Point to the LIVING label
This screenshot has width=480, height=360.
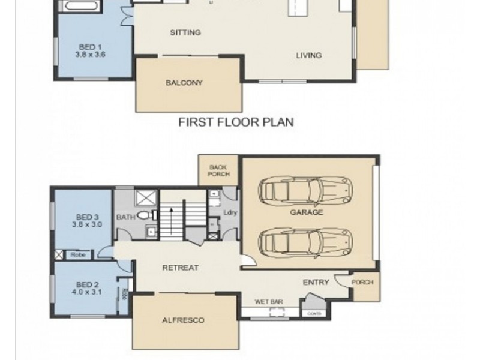308,55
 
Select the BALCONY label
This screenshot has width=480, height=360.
184,83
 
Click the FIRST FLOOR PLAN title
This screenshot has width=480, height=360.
236,122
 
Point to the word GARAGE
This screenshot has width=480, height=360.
307,212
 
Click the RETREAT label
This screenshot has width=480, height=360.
180,268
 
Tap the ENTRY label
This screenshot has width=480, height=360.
316,282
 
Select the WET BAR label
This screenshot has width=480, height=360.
269,301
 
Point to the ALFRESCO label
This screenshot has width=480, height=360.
183,320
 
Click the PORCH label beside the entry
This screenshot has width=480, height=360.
363,282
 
